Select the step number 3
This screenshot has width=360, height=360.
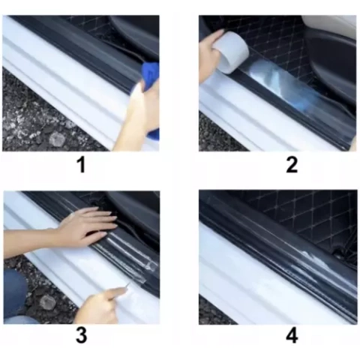pos(80,336)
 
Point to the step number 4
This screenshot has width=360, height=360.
pos(292,336)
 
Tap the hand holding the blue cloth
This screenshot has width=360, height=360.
pos(139,112)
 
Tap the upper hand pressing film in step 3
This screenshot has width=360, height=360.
pos(86,225)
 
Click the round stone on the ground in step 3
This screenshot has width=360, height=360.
pos(47,301)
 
